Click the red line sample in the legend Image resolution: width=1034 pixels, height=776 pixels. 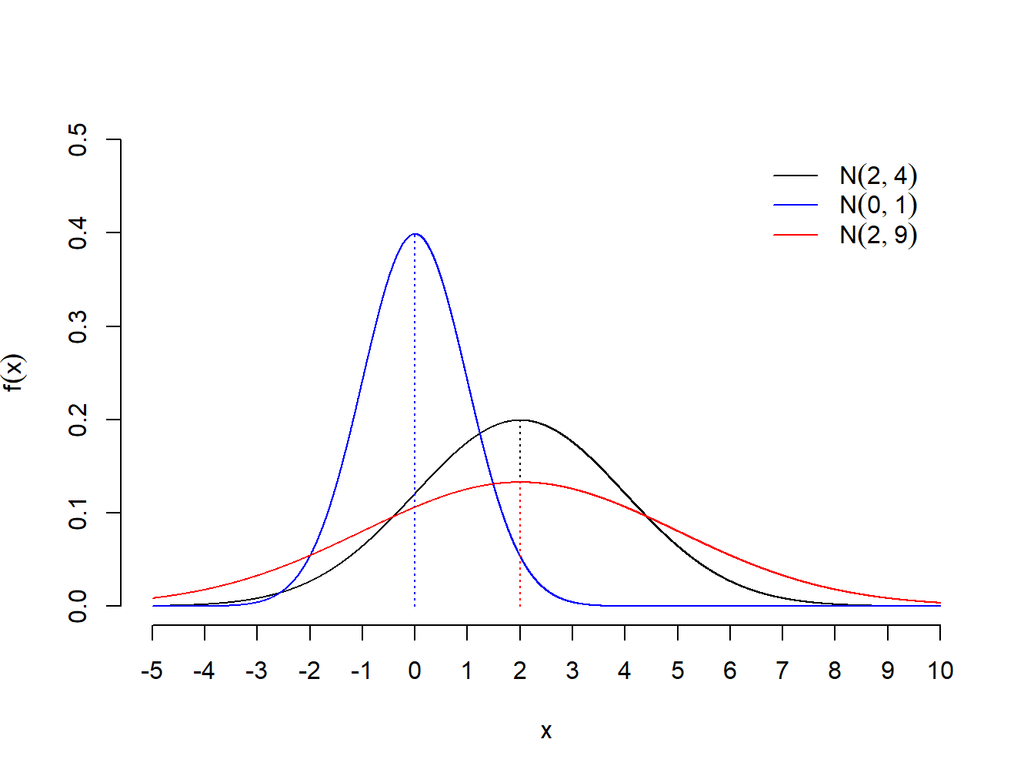(x=796, y=234)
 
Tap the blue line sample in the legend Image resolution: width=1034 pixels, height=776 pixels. (x=796, y=205)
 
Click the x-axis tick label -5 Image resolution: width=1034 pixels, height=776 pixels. (x=152, y=671)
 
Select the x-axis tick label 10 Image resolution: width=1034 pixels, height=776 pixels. (x=940, y=671)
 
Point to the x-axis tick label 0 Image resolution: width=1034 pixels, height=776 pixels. (x=415, y=671)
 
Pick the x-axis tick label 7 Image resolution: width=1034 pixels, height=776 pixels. (x=782, y=671)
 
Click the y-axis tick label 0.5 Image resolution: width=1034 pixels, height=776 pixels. (x=78, y=139)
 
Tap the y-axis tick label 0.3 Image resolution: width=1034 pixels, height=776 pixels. (x=78, y=326)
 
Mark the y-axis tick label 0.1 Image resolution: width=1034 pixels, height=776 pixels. (x=78, y=513)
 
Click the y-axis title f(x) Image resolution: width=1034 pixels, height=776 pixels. (x=15, y=373)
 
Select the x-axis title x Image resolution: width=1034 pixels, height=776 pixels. (x=546, y=731)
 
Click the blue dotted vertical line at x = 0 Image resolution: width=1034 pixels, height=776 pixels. (x=415, y=462)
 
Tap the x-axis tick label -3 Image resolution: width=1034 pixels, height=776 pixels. (x=256, y=671)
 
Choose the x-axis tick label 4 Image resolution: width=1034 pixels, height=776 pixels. (x=625, y=671)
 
